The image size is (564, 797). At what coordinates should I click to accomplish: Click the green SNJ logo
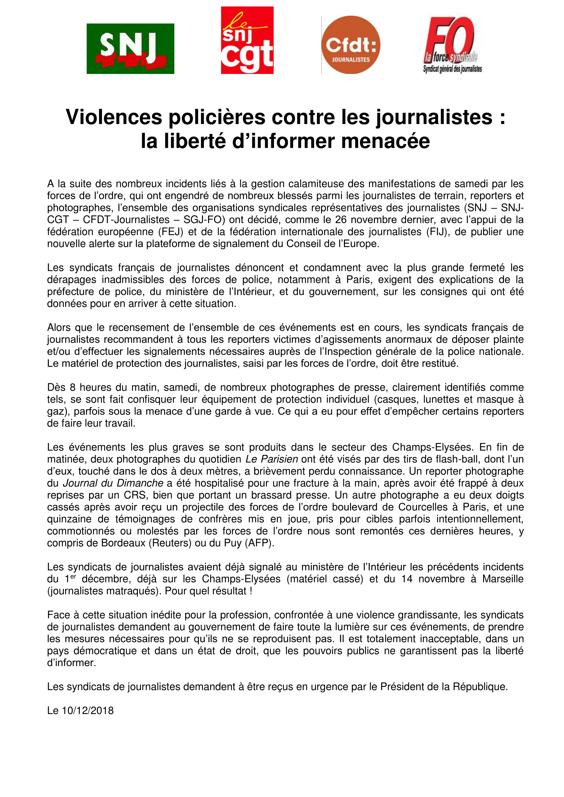point(130,49)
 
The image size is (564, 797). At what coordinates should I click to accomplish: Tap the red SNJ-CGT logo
point(247,40)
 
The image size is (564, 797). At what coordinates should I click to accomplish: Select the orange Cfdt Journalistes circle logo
point(351,45)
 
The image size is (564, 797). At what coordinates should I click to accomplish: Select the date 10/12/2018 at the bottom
point(88,710)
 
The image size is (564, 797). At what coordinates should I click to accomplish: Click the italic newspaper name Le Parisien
point(271,459)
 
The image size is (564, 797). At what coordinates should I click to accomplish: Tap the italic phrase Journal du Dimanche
point(113,483)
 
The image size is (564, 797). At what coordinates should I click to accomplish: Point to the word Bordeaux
point(123,543)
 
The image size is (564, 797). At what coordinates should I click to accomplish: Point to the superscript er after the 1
point(73,577)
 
